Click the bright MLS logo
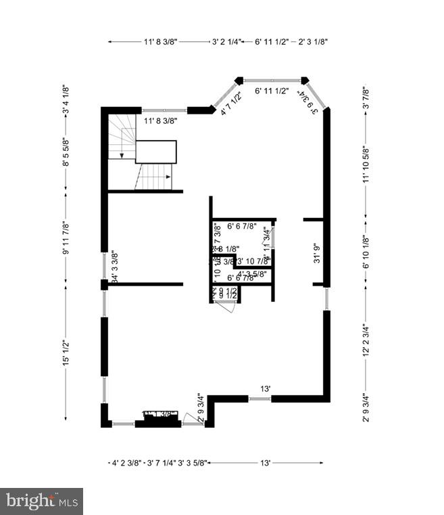tap(42, 501)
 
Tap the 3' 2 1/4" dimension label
tap(226, 42)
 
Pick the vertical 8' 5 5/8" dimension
tap(66, 152)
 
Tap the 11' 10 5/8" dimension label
tap(366, 165)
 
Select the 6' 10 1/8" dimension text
tap(366, 252)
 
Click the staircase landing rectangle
tap(155, 152)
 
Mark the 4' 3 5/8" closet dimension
tap(252, 273)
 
